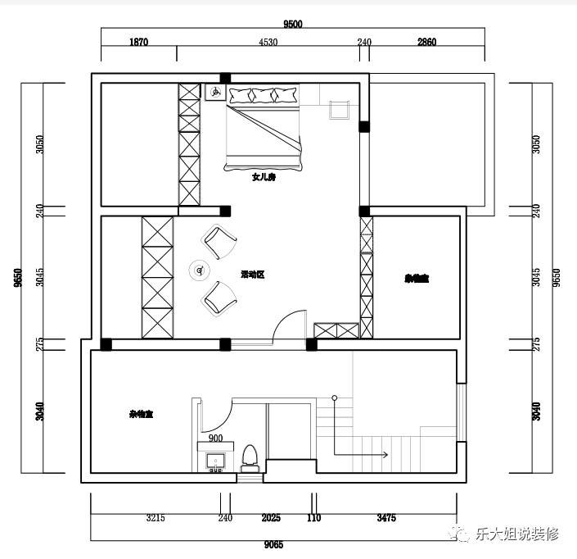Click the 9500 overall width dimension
pyautogui.click(x=294, y=24)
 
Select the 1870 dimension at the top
pyautogui.click(x=138, y=42)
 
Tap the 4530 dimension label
pyautogui.click(x=268, y=42)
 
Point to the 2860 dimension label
pyautogui.click(x=426, y=42)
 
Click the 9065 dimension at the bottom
pyautogui.click(x=274, y=543)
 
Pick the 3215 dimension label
pyautogui.click(x=156, y=518)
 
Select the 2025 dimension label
pyautogui.click(x=271, y=518)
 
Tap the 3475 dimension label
pyautogui.click(x=387, y=518)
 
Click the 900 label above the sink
pyautogui.click(x=216, y=439)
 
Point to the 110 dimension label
pyautogui.click(x=313, y=518)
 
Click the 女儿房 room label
pyautogui.click(x=264, y=177)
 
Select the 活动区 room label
pyautogui.click(x=252, y=275)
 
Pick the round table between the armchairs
pyautogui.click(x=200, y=269)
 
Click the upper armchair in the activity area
pyautogui.click(x=219, y=241)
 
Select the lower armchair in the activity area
pyautogui.click(x=219, y=297)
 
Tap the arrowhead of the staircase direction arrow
pyautogui.click(x=385, y=453)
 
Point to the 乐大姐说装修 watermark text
pyautogui.click(x=516, y=534)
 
